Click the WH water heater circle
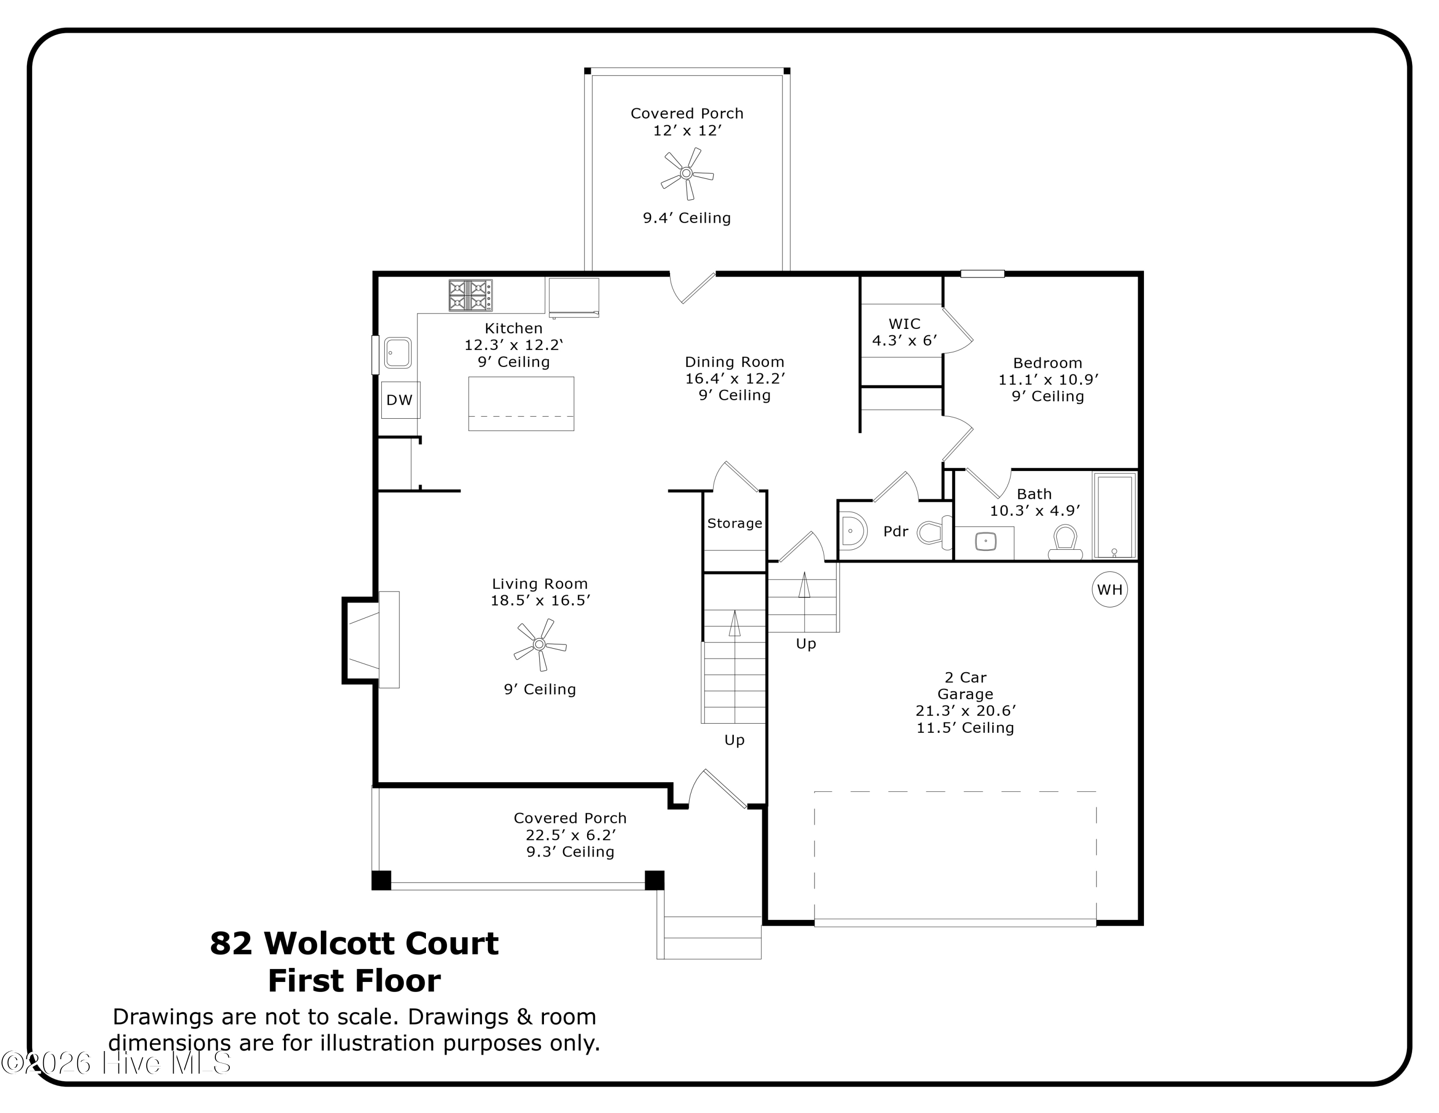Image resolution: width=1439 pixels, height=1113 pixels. point(1109,590)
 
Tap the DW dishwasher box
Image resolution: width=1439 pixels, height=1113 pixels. point(400,399)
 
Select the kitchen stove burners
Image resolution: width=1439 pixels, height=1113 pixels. point(471,295)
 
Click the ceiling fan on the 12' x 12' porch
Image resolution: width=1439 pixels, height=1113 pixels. point(686,173)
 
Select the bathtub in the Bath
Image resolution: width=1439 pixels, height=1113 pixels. point(1114,516)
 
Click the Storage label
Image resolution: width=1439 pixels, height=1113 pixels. point(735,523)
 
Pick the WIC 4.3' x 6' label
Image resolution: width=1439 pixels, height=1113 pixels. point(905,332)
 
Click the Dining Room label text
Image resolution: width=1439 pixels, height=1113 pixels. point(735,362)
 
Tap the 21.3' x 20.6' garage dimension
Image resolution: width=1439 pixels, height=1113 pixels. point(965,711)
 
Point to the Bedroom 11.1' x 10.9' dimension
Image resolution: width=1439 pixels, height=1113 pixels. point(1048,379)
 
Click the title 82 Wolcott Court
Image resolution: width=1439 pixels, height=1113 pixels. point(354,944)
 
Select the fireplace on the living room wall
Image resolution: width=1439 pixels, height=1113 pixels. point(371,640)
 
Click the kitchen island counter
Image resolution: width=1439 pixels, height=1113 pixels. point(521,403)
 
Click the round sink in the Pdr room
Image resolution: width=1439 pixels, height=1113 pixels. point(853,531)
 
